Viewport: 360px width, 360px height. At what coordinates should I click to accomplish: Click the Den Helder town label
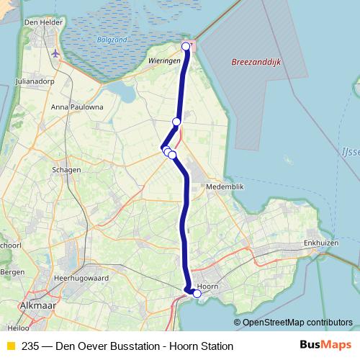(x=41, y=23)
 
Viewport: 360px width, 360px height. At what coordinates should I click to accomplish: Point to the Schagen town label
(x=67, y=170)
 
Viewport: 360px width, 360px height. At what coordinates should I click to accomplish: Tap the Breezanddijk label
(x=256, y=63)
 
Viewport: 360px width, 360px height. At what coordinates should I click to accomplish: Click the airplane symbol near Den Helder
(x=56, y=53)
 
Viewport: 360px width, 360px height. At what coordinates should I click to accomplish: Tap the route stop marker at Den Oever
(x=186, y=47)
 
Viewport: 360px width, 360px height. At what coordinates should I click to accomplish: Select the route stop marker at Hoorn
(x=197, y=293)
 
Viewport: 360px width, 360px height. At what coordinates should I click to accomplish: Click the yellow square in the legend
(x=10, y=346)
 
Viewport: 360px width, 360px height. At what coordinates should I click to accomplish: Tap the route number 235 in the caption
(x=31, y=346)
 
